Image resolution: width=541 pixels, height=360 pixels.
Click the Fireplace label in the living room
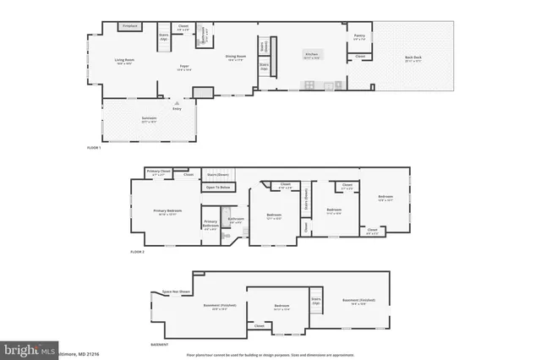pyautogui.click(x=129, y=27)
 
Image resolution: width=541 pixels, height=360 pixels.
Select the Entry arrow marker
pyautogui.click(x=176, y=103)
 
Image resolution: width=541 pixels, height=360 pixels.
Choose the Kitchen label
pyautogui.click(x=313, y=56)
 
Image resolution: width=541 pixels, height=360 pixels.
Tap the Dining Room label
pyautogui.click(x=234, y=57)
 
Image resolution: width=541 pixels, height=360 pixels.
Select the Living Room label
pyautogui.click(x=125, y=60)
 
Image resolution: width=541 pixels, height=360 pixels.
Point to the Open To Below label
pyautogui.click(x=217, y=187)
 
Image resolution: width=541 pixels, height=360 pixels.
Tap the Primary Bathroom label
pyautogui.click(x=210, y=224)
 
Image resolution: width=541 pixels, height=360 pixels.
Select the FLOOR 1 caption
pyautogui.click(x=95, y=148)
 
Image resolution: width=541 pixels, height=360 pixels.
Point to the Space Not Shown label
pyautogui.click(x=175, y=292)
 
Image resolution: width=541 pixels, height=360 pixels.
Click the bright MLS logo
pyautogui.click(x=28, y=348)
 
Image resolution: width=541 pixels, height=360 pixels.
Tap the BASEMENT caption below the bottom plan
pyautogui.click(x=158, y=345)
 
